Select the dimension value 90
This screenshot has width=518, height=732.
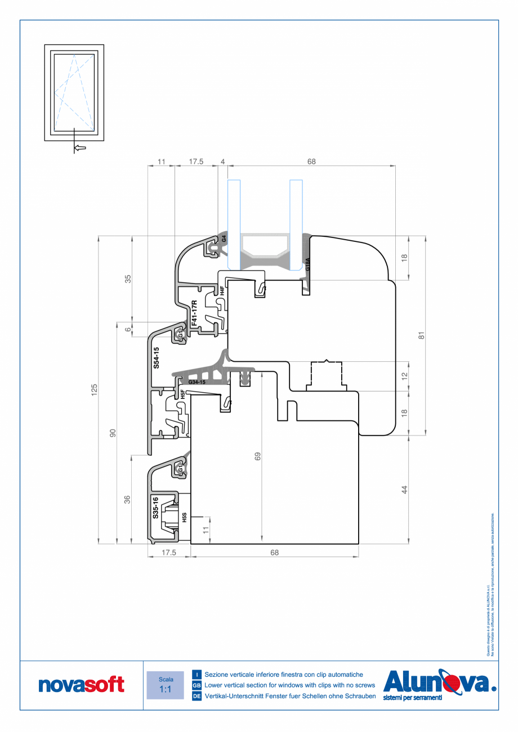[113, 433]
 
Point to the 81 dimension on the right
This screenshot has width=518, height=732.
[421, 335]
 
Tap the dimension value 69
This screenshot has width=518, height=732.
[258, 456]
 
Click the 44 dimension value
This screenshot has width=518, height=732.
[404, 490]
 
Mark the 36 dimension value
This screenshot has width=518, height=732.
[128, 499]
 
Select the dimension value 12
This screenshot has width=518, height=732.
[404, 375]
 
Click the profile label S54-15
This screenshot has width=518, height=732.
[157, 358]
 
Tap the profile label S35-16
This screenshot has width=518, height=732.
[156, 508]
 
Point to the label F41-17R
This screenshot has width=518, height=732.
[194, 313]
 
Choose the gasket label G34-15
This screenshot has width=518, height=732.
[197, 383]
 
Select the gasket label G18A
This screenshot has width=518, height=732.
[307, 264]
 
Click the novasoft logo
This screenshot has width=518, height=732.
[82, 685]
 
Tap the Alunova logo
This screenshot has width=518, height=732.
[439, 684]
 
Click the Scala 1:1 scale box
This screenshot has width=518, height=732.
[165, 685]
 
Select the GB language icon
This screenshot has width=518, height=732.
[197, 685]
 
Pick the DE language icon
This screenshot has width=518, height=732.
[197, 697]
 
